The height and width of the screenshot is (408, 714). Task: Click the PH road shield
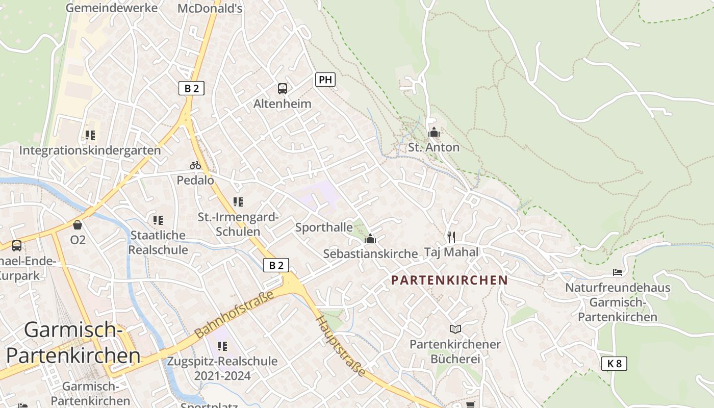(325, 80)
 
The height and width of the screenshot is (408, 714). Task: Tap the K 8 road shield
(614, 364)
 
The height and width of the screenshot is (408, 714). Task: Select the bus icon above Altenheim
(283, 89)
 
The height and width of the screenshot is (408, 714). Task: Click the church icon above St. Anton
(434, 133)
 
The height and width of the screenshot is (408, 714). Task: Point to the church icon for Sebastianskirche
(370, 239)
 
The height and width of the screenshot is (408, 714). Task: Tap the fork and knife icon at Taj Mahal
(451, 237)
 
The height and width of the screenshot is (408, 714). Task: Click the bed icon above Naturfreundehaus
(618, 272)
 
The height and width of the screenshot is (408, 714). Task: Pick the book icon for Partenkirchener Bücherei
(455, 329)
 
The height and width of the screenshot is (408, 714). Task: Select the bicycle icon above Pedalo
(195, 165)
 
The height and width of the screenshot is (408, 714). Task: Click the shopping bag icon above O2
(78, 225)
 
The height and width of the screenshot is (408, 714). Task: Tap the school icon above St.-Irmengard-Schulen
(238, 202)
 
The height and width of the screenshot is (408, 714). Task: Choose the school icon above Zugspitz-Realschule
(222, 347)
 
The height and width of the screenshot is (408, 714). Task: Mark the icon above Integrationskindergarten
(90, 135)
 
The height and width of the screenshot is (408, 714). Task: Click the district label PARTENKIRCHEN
(449, 280)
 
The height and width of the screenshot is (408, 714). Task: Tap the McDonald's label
(210, 8)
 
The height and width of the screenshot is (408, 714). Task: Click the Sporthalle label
(324, 227)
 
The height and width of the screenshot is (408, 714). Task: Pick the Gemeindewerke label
(112, 8)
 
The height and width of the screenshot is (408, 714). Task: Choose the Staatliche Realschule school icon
(158, 220)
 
